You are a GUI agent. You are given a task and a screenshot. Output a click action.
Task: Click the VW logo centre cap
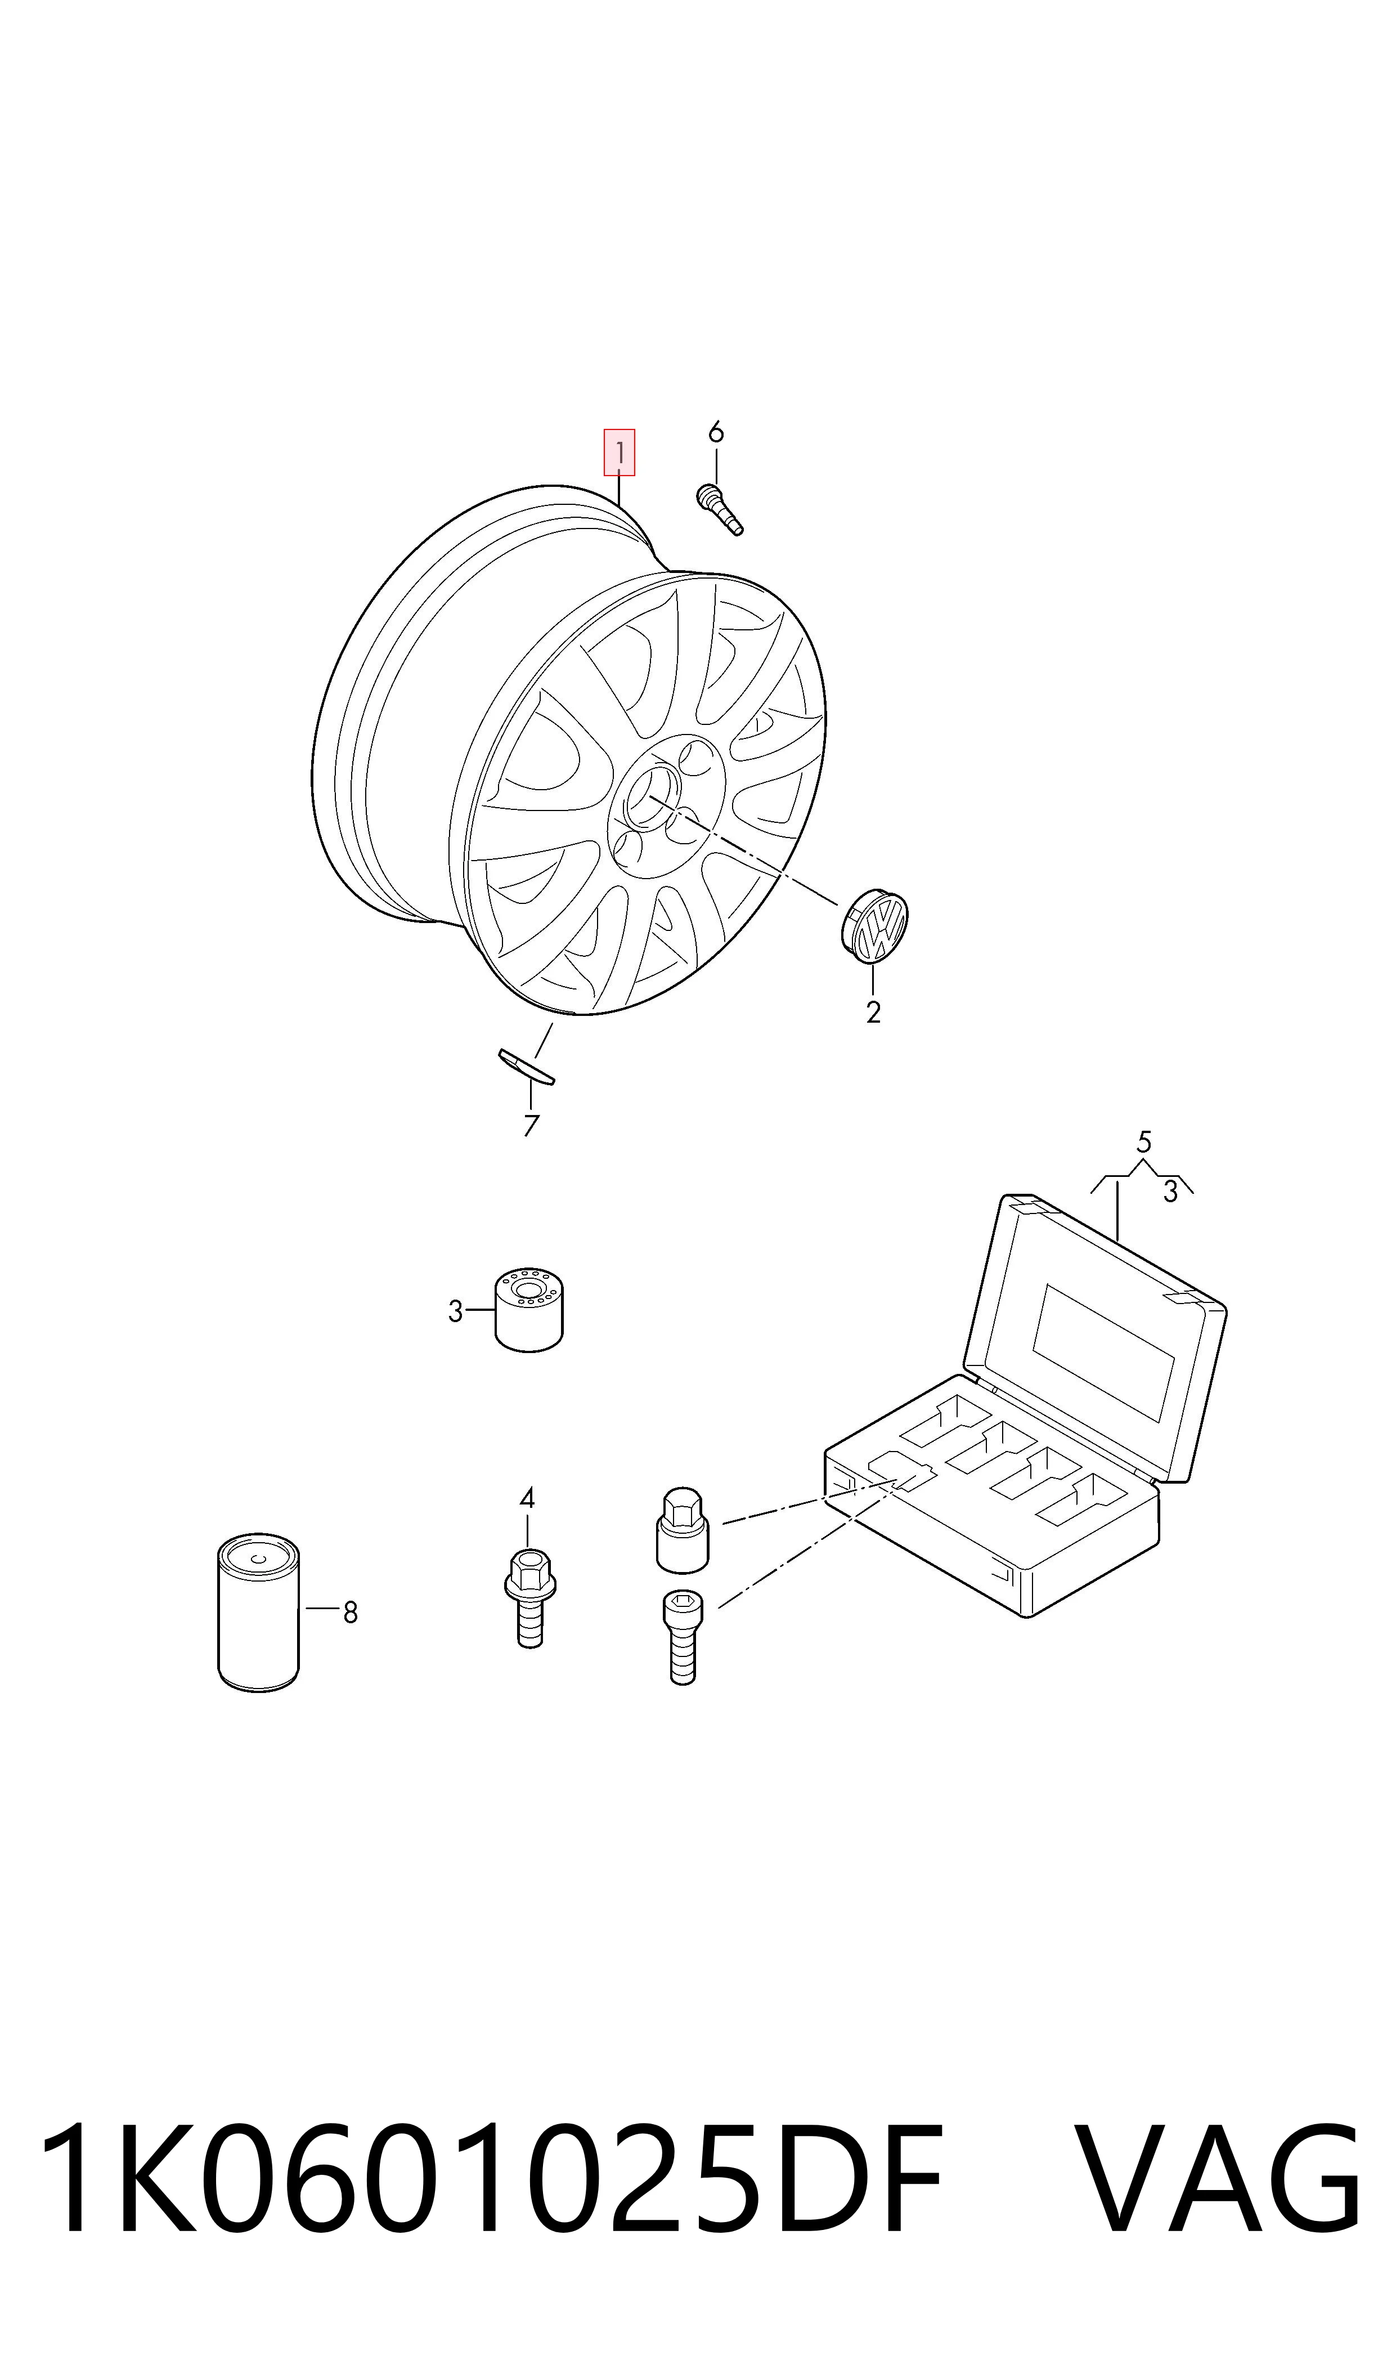click(874, 926)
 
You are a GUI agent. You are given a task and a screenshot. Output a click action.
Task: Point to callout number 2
click(873, 1013)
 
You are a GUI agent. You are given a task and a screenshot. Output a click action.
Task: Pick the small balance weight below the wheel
click(526, 1066)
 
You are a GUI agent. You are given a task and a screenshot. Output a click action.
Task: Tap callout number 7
click(532, 1125)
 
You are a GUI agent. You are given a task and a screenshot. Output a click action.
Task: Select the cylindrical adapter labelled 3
click(529, 1310)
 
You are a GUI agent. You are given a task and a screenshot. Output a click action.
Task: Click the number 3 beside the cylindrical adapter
click(455, 1310)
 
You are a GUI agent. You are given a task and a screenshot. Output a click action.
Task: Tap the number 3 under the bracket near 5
click(1170, 1192)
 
